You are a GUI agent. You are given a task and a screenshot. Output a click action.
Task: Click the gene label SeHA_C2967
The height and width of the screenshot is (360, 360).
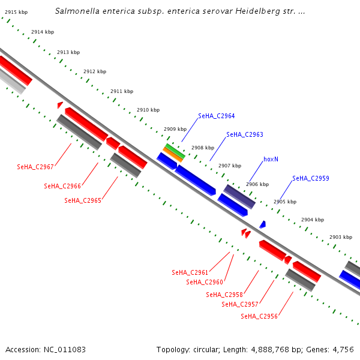35,166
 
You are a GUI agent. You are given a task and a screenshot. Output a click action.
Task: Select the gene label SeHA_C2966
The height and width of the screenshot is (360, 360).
62,186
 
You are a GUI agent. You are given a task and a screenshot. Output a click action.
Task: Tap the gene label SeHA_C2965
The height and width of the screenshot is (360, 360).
83,200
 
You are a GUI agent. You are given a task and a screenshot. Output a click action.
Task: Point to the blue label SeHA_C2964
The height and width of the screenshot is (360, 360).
217,116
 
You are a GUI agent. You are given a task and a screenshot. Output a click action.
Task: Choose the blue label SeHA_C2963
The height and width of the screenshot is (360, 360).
245,134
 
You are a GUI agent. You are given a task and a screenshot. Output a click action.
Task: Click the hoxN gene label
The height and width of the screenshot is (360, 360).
271,160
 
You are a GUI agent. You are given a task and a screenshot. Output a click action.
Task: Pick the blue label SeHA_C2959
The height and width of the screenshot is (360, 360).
311,178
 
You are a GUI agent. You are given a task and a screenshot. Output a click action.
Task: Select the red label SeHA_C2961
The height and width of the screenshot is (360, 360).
190,272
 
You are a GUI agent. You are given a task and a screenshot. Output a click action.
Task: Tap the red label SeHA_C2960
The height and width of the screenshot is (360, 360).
205,282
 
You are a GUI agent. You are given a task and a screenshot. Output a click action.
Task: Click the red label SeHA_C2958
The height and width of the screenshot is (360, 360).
224,295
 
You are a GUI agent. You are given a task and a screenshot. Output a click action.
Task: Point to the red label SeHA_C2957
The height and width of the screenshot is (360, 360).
240,304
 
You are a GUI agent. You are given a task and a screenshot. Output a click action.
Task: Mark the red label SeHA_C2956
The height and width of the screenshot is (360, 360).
259,316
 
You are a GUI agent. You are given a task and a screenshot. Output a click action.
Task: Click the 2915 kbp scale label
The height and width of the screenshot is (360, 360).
16,12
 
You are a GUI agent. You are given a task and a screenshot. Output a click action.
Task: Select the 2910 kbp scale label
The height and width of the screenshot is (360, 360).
148,110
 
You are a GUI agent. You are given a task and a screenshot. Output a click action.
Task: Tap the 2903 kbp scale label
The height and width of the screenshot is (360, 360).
341,237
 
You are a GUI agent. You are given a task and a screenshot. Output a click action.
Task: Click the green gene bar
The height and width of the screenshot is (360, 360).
175,148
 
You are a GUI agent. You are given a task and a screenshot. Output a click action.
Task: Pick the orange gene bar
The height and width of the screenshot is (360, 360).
172,154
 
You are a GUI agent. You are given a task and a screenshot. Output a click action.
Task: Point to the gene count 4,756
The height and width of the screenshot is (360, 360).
344,349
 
